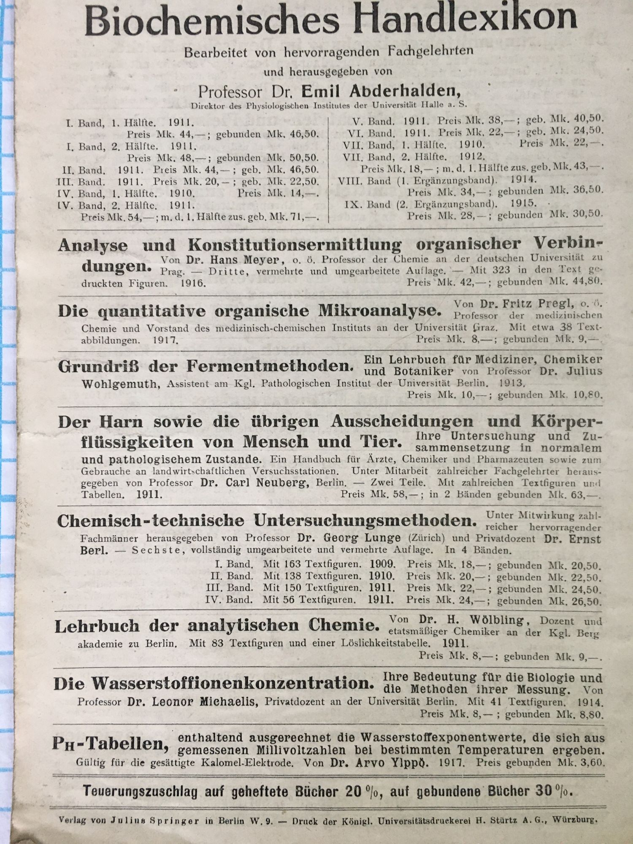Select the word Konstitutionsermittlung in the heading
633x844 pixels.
pyautogui.click(x=295, y=245)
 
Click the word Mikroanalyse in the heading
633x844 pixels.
pyautogui.click(x=379, y=311)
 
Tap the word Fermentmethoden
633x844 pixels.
pyautogui.click(x=270, y=366)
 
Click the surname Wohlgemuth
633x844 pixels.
pyautogui.click(x=121, y=384)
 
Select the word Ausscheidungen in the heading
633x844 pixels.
pyautogui.click(x=402, y=421)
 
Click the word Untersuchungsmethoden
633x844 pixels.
pyautogui.click(x=365, y=520)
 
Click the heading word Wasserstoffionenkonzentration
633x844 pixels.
pyautogui.click(x=233, y=683)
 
